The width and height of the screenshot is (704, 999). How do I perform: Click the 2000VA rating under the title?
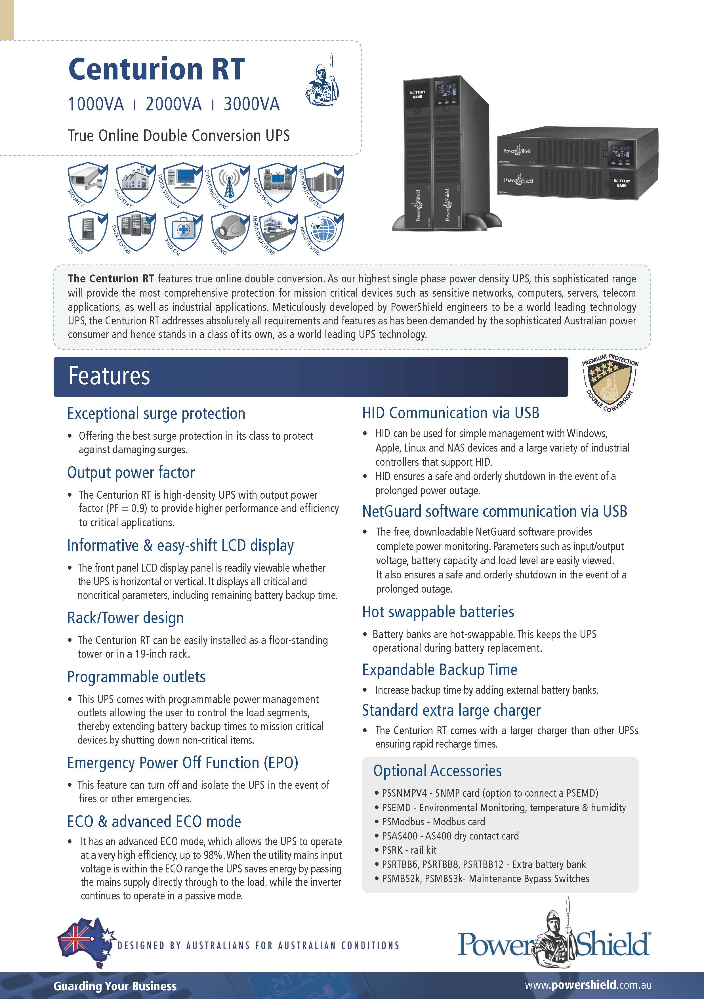tap(174, 104)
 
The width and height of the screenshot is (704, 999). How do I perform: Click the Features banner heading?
tap(109, 376)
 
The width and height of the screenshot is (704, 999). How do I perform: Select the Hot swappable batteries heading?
tap(438, 612)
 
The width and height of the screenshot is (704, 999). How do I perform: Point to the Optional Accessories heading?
tap(437, 771)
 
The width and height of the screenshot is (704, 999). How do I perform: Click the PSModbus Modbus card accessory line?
tap(429, 821)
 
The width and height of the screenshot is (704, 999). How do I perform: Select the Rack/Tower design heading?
tap(125, 618)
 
